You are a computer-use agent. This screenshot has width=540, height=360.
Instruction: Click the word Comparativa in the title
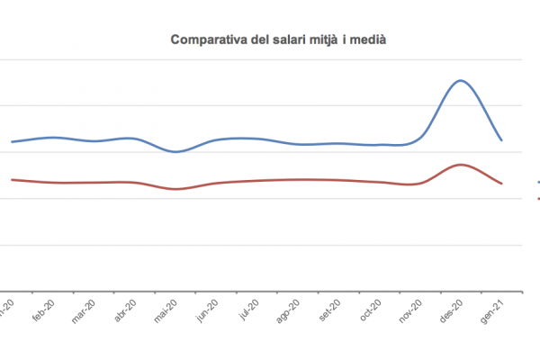tap(202, 40)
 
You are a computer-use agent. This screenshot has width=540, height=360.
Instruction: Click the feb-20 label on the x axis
tap(43, 310)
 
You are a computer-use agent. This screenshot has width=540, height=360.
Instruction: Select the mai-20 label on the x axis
tap(165, 310)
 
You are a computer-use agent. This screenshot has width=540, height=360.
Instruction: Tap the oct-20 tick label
tap(369, 310)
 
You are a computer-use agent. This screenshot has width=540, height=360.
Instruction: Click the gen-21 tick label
tap(491, 310)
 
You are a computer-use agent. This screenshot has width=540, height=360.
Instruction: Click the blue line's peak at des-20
tap(460, 81)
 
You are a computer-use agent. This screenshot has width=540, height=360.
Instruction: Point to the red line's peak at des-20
tap(460, 165)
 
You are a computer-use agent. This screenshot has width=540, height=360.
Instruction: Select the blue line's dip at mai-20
tap(176, 151)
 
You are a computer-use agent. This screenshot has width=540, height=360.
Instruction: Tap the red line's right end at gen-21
tap(501, 184)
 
